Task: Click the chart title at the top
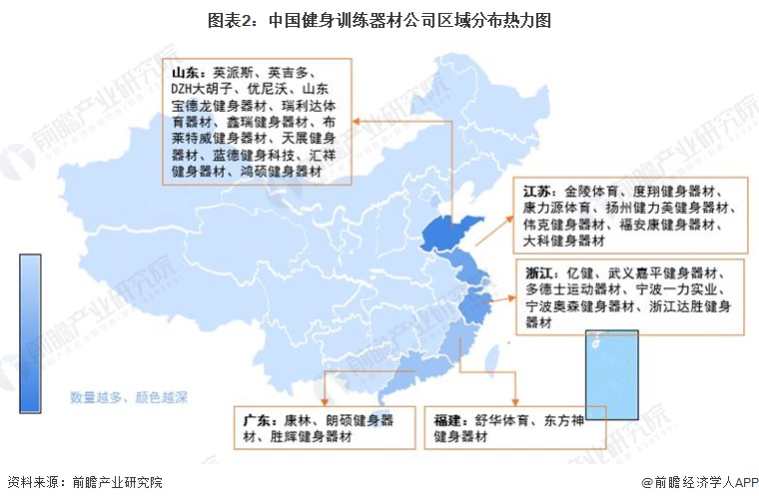379,19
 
